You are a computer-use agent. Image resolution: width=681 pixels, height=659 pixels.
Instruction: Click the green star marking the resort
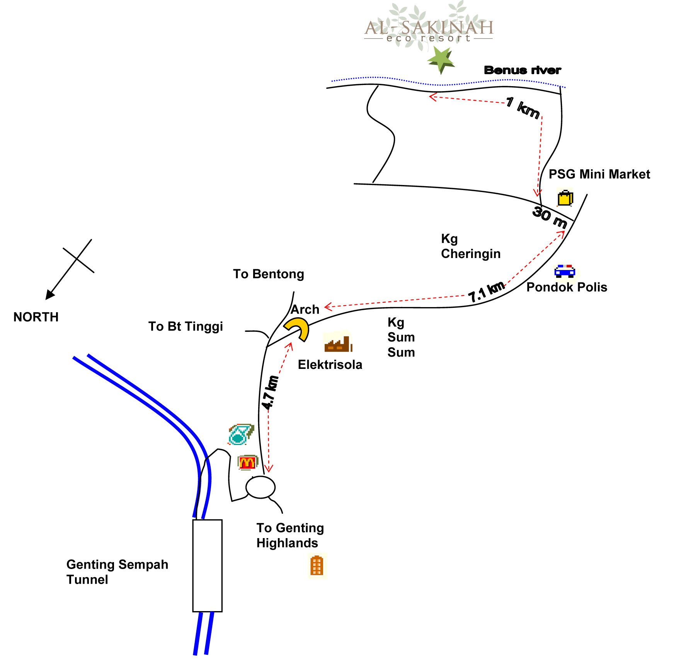(441, 60)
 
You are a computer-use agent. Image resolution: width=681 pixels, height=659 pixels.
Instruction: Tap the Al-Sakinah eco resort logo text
(429, 31)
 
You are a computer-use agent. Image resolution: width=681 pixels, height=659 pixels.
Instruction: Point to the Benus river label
(523, 70)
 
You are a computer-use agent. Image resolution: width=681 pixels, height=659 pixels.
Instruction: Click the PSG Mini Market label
(599, 174)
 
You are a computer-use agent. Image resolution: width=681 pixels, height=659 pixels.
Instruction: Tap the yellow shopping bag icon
(565, 198)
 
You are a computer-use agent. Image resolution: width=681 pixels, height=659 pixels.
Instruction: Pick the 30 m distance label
(550, 217)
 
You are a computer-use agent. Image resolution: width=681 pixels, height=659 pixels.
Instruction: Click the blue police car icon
(565, 271)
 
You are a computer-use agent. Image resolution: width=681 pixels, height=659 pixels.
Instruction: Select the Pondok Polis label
(567, 287)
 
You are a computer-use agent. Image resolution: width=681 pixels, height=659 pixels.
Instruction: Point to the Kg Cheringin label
(471, 246)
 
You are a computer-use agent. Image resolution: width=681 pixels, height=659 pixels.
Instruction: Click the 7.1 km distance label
(487, 292)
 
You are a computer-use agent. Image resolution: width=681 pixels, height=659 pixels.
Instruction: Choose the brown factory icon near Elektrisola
(338, 342)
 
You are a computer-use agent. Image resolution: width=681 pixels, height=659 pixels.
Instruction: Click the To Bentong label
(269, 274)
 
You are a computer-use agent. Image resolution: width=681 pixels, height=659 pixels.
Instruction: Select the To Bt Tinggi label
(186, 327)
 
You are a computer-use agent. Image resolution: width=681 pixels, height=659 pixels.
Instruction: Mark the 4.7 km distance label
(270, 392)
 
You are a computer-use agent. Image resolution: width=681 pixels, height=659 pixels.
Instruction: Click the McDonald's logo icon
(247, 462)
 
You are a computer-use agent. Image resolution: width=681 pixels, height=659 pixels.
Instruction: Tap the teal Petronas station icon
(241, 434)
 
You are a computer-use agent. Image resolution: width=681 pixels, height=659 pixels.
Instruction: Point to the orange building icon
(317, 566)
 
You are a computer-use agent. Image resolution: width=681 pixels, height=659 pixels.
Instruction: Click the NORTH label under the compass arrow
(36, 317)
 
